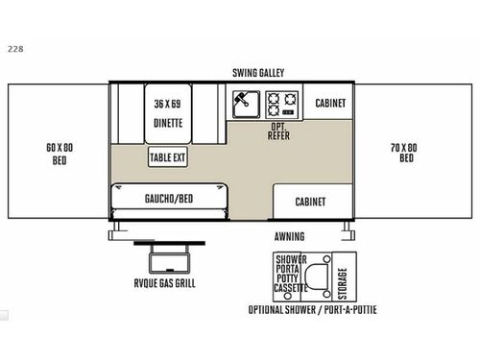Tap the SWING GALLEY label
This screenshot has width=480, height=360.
pyautogui.click(x=258, y=72)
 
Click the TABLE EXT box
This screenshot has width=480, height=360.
pyautogui.click(x=167, y=157)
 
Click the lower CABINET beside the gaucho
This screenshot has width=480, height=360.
pyautogui.click(x=310, y=202)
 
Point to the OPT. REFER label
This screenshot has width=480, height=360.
pyautogui.click(x=279, y=132)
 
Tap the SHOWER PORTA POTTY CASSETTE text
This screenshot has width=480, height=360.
pyautogui.click(x=290, y=273)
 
